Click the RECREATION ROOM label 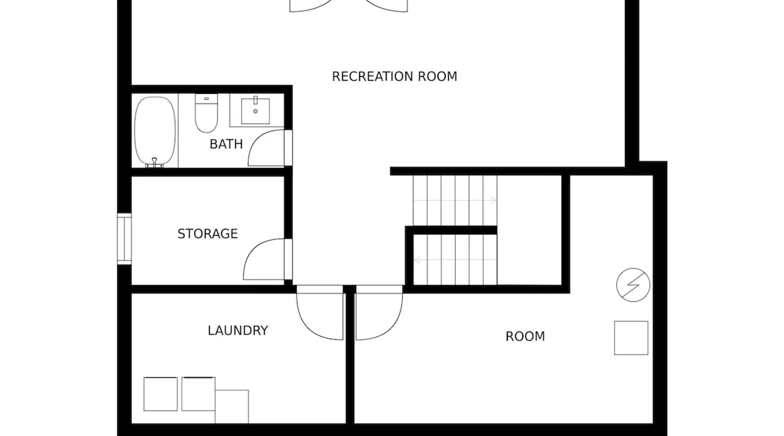pos(395,76)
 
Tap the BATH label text pos(226,144)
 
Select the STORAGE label pos(208,234)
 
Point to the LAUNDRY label pos(238,330)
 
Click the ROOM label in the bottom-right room pos(525,337)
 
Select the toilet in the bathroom pos(206,113)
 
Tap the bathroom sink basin pos(256,111)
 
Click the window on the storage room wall pos(124,239)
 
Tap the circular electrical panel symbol pos(633,285)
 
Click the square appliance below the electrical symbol pos(631,338)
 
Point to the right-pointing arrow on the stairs pos(455,201)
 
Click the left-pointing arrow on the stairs pos(455,260)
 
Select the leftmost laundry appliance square pos(161,394)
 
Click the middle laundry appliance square pos(199,394)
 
